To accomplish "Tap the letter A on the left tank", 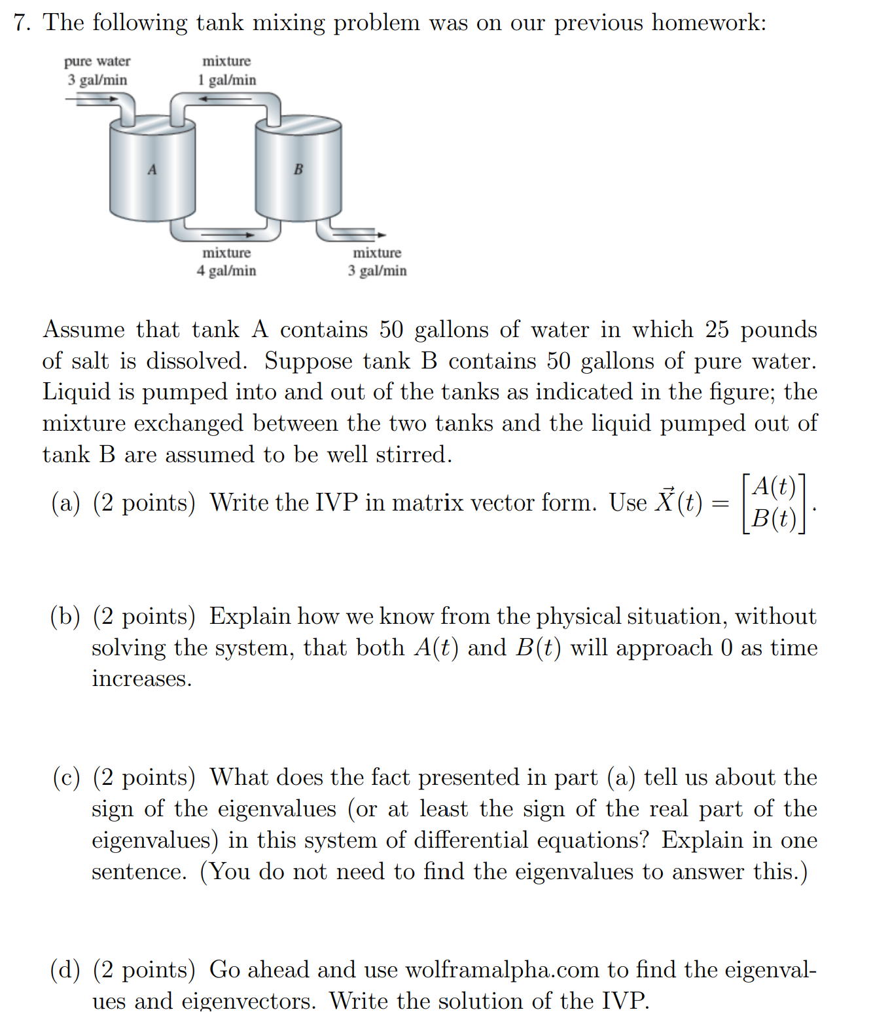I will (152, 170).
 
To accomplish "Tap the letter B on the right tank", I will (298, 170).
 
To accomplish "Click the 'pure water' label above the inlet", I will (97, 62).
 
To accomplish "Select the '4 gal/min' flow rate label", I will (226, 270).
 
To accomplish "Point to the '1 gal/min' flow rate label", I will (227, 80).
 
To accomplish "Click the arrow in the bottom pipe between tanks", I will (226, 234).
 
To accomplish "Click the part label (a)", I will (65, 503).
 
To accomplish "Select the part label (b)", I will (65, 617).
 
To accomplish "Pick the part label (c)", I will (66, 778).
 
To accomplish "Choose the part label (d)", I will (65, 969).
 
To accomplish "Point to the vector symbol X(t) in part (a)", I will (678, 502).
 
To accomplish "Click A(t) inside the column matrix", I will (774, 487).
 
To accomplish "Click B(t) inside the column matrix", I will (774, 518).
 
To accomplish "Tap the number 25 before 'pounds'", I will (717, 329).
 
